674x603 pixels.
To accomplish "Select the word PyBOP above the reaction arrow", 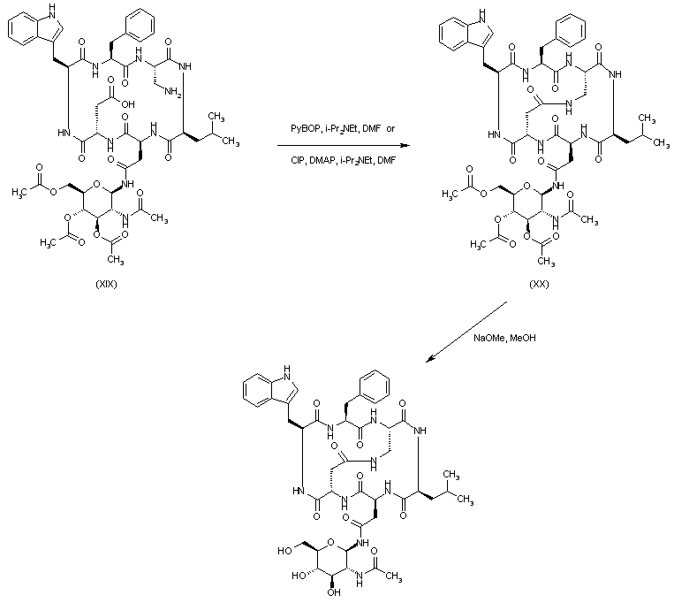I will (305, 129).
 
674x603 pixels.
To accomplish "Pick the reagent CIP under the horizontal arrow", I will (298, 160).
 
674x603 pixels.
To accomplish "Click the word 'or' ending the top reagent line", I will (391, 129).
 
